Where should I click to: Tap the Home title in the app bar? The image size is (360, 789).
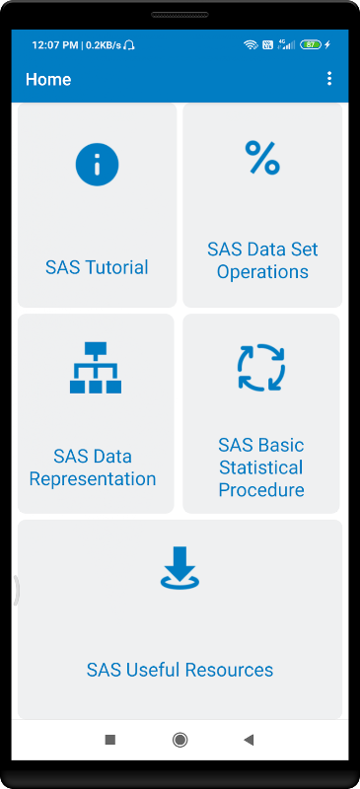48,80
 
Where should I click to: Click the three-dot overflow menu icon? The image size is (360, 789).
329,79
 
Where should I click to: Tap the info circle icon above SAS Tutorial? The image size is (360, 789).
98,164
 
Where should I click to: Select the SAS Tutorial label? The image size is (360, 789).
97,267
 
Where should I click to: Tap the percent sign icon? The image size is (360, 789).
262,158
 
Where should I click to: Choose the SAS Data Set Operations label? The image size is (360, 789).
262,260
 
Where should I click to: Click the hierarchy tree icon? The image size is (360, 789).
96,367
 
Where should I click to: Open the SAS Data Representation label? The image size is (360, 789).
93,467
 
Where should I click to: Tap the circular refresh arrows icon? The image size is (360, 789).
261,367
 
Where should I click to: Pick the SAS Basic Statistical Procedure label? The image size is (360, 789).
261,467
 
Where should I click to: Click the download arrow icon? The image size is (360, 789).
180,568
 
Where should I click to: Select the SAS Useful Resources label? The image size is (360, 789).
180,670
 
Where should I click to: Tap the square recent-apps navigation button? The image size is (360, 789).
109,739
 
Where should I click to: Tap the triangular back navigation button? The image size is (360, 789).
249,739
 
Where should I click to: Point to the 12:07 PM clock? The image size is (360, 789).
54,45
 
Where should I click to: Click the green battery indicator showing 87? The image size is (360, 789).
311,44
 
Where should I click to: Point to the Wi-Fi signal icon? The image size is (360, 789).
251,44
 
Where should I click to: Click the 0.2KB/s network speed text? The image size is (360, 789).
104,45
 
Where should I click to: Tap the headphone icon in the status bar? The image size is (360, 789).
129,45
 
